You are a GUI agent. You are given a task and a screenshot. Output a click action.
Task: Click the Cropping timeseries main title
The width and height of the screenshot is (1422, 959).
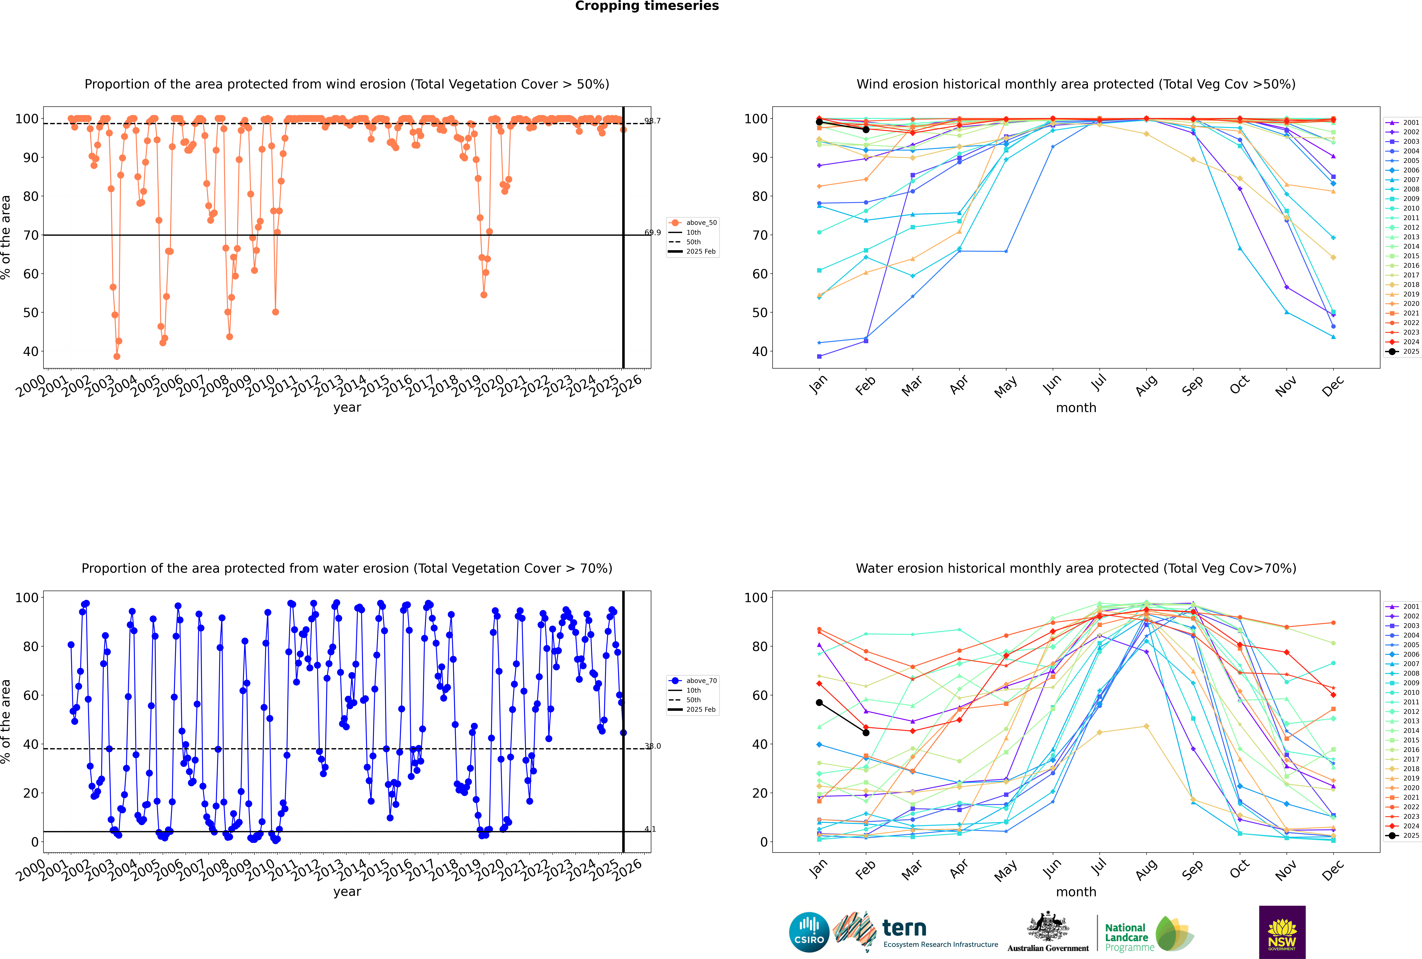click(647, 6)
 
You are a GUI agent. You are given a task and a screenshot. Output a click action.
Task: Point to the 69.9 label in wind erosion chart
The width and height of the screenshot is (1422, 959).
click(652, 232)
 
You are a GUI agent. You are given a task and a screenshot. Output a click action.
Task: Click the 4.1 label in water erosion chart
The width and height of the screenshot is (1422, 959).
click(650, 829)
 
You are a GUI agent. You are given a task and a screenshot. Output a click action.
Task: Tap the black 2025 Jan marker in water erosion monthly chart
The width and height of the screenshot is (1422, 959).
click(819, 703)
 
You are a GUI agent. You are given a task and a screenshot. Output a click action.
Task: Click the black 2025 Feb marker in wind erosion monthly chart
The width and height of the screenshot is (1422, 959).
click(866, 130)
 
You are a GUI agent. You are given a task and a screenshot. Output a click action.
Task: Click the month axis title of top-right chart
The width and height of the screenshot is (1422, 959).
click(1076, 408)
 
